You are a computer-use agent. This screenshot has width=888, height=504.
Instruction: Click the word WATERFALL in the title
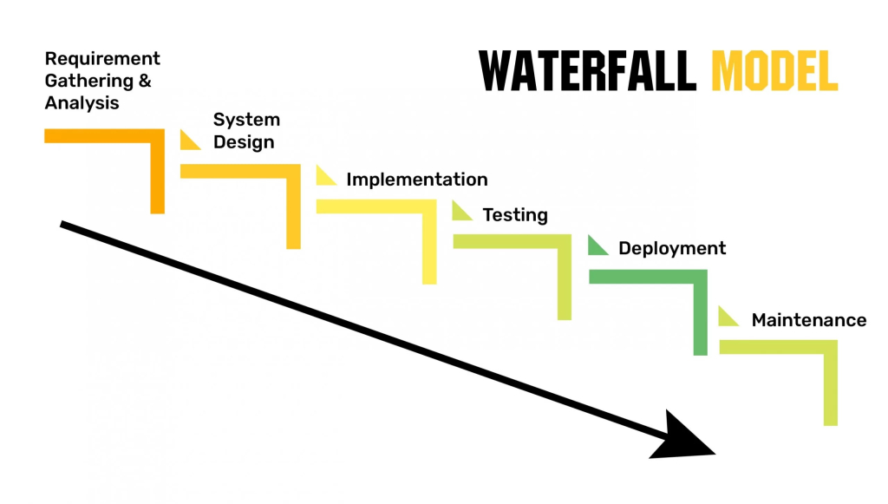(587, 70)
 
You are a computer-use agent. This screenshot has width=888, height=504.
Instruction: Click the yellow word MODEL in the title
(774, 70)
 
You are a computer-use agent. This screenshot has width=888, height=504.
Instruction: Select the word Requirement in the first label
(102, 59)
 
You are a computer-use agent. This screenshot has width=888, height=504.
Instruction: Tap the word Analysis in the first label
(82, 102)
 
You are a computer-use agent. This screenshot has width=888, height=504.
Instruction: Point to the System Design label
(245, 131)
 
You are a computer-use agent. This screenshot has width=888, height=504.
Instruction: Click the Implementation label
(416, 180)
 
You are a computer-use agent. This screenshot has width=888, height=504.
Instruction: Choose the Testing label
(515, 215)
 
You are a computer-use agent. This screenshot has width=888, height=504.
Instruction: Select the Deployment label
(672, 248)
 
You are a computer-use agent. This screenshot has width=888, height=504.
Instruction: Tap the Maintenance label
(808, 320)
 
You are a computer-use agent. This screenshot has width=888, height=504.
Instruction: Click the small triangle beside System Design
(187, 141)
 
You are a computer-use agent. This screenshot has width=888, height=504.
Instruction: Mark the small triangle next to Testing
(460, 212)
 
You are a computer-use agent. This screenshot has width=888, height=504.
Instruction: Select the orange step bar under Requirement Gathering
(104, 135)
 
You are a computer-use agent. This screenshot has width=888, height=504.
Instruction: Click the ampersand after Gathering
(145, 82)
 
